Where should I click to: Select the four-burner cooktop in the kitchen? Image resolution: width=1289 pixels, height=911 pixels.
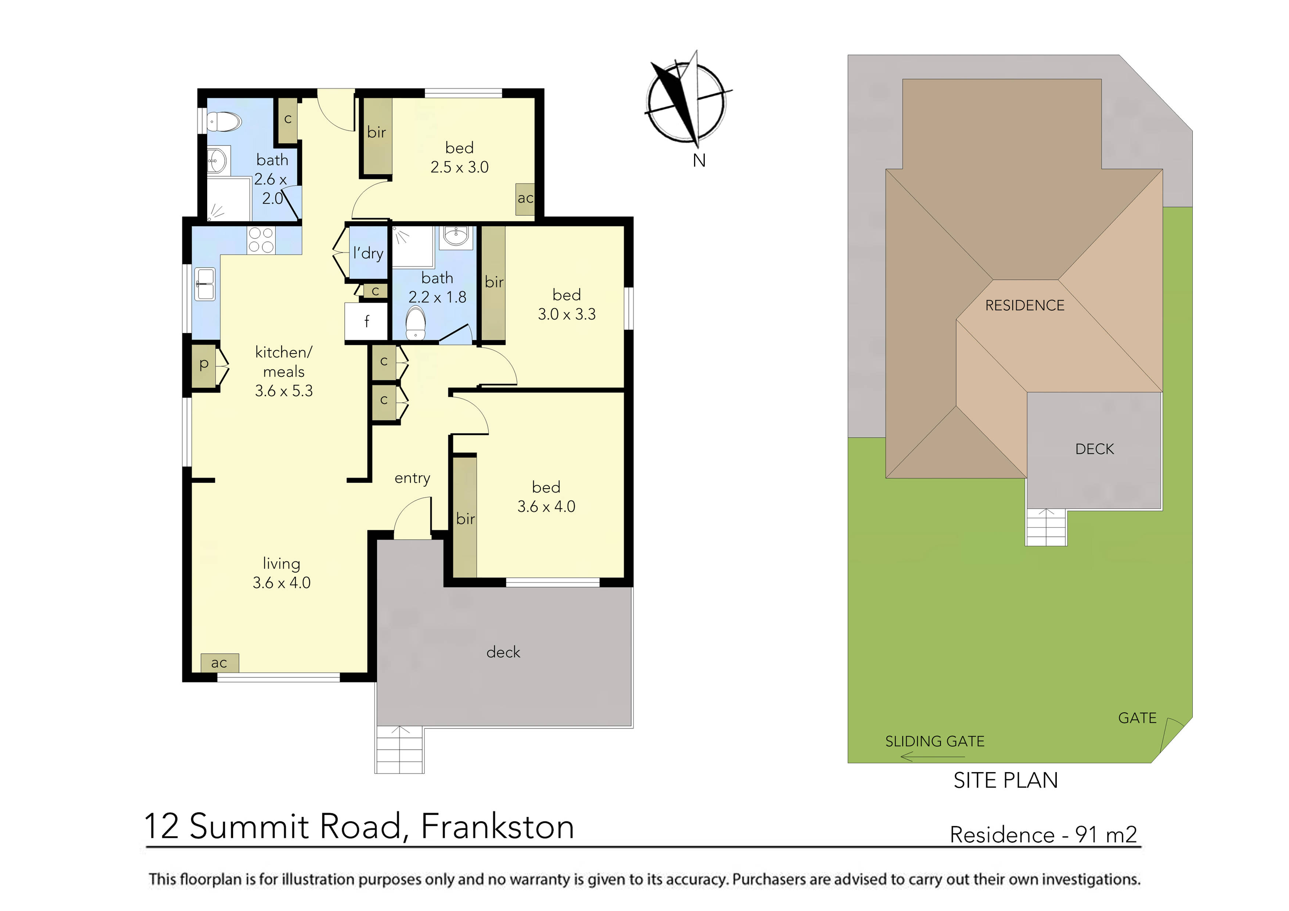coord(261,240)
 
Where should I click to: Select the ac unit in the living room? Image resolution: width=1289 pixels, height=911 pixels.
coord(219,663)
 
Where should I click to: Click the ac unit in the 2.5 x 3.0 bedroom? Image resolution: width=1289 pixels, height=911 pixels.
coord(525,199)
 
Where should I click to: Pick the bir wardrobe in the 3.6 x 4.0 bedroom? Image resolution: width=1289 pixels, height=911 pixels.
coord(465,518)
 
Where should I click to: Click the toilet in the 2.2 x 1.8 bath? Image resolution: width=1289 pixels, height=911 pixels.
coord(416,323)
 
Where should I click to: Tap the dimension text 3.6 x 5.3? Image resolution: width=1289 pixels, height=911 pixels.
coord(284,391)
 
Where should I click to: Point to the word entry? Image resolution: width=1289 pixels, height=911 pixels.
coord(412,478)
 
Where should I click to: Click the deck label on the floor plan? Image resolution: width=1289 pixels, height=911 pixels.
coord(503,652)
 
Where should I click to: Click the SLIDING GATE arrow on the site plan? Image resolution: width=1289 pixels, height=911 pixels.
coord(932,757)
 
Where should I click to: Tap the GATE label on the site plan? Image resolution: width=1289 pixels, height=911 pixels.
coord(1137,718)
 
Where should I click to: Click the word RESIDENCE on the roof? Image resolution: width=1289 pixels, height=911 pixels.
coord(1024,305)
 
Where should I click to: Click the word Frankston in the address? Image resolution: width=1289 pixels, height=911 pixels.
coord(498,827)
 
